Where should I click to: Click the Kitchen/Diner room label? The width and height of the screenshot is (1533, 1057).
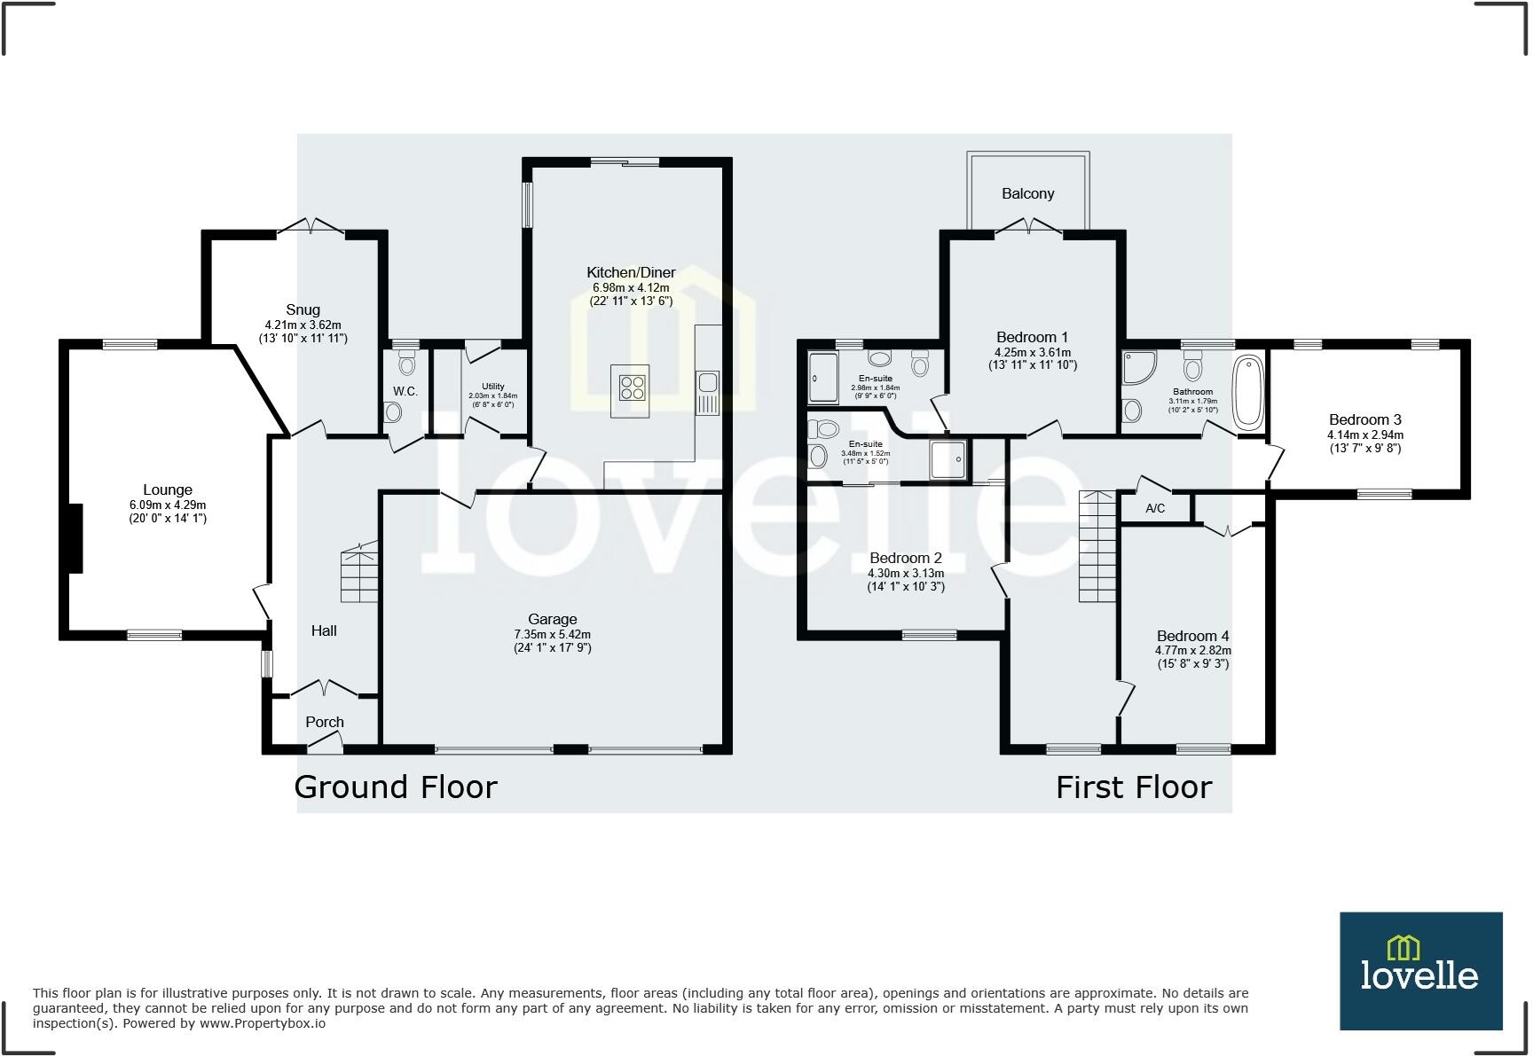(631, 272)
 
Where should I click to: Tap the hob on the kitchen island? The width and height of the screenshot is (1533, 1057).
(632, 388)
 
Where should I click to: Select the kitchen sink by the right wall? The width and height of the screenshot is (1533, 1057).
(708, 383)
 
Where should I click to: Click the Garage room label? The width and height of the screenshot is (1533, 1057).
(552, 619)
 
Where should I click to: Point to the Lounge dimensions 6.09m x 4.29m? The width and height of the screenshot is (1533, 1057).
(168, 505)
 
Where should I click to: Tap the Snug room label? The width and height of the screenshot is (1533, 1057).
(303, 309)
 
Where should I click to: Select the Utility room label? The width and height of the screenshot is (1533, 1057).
(492, 387)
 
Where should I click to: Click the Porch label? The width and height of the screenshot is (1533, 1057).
(325, 722)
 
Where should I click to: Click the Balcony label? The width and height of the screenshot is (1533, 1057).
(1027, 193)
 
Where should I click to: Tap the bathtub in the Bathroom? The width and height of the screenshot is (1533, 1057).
(1247, 392)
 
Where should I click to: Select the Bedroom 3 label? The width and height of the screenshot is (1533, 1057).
(1364, 419)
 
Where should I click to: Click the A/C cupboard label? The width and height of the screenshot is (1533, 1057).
(1154, 508)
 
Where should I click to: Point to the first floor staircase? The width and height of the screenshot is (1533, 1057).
(1097, 546)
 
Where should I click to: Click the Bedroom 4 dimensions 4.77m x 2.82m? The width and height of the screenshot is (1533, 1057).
(1192, 650)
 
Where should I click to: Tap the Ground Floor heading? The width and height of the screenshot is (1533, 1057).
(396, 787)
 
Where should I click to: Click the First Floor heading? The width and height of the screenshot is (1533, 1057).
(1133, 787)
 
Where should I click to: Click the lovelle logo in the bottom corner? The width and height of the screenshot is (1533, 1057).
(1420, 971)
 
